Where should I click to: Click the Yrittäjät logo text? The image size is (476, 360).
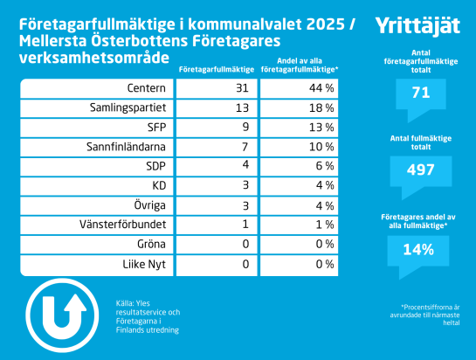click(x=417, y=25)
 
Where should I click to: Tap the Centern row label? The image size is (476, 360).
click(x=147, y=88)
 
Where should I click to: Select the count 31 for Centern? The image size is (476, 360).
click(x=242, y=88)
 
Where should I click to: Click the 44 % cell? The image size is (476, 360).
click(x=321, y=88)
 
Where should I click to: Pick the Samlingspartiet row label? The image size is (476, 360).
click(x=128, y=108)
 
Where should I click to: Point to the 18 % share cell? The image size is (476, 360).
click(x=321, y=107)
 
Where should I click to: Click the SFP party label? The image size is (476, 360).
click(x=156, y=128)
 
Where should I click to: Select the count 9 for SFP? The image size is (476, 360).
click(x=245, y=127)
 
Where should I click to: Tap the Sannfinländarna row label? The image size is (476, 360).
click(x=126, y=147)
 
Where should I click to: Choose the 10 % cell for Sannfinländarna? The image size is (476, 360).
click(x=321, y=147)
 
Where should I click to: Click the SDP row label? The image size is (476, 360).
click(x=156, y=167)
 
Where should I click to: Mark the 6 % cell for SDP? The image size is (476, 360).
click(x=325, y=166)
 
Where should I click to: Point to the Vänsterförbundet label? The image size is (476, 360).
click(x=122, y=225)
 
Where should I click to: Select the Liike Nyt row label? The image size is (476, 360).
click(x=144, y=265)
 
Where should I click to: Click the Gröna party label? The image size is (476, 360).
click(x=151, y=245)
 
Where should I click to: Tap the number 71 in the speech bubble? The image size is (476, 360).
click(x=421, y=93)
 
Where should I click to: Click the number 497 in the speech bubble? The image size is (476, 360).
click(x=421, y=170)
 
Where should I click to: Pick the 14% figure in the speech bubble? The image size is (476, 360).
click(x=418, y=250)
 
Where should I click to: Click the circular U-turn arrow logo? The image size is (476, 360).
click(x=62, y=315)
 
